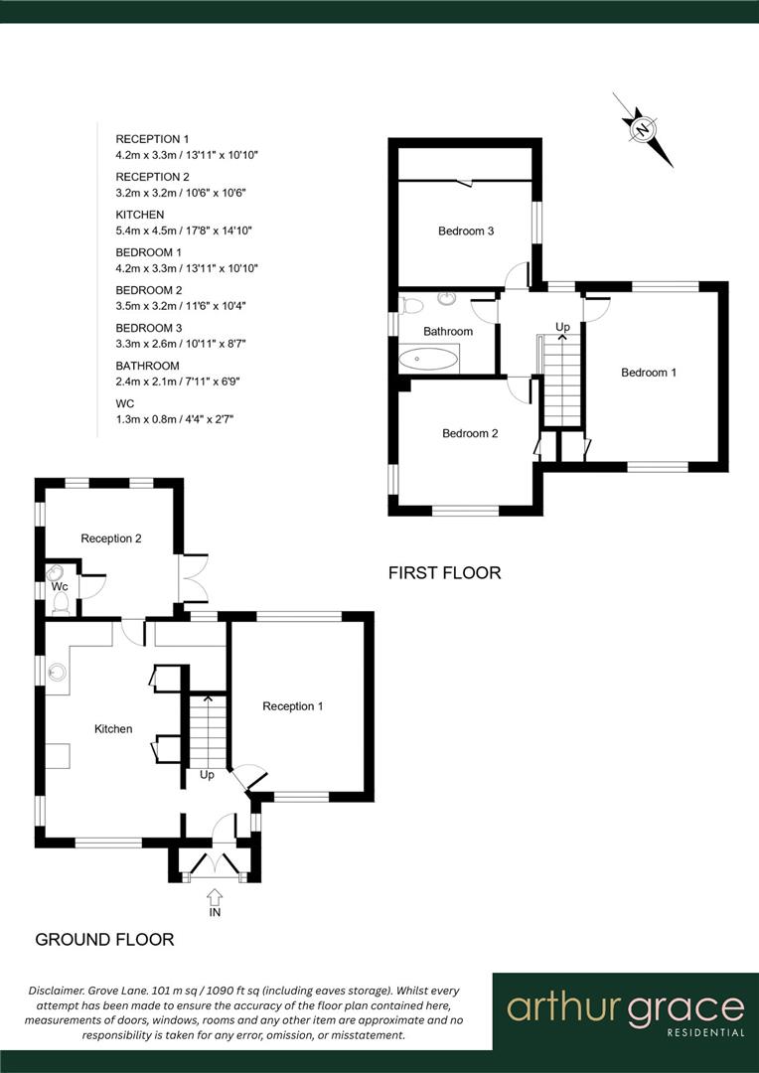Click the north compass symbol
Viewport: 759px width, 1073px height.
(643, 129)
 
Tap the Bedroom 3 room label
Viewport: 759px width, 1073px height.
(466, 231)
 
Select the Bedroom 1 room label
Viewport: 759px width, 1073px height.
(649, 373)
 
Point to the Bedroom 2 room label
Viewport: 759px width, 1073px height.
(470, 433)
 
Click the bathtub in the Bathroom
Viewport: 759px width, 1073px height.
(429, 358)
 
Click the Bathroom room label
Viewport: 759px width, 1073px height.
(447, 331)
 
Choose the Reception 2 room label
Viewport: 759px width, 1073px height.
(111, 538)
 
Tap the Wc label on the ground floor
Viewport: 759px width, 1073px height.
(60, 586)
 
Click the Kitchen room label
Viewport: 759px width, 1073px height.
(113, 729)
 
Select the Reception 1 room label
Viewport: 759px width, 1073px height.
(293, 706)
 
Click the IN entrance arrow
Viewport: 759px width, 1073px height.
(215, 897)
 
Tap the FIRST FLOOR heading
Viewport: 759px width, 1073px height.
(444, 573)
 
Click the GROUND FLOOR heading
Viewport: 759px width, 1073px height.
(104, 939)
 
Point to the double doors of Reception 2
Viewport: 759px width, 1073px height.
(192, 578)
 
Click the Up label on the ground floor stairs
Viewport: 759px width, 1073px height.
(207, 774)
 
